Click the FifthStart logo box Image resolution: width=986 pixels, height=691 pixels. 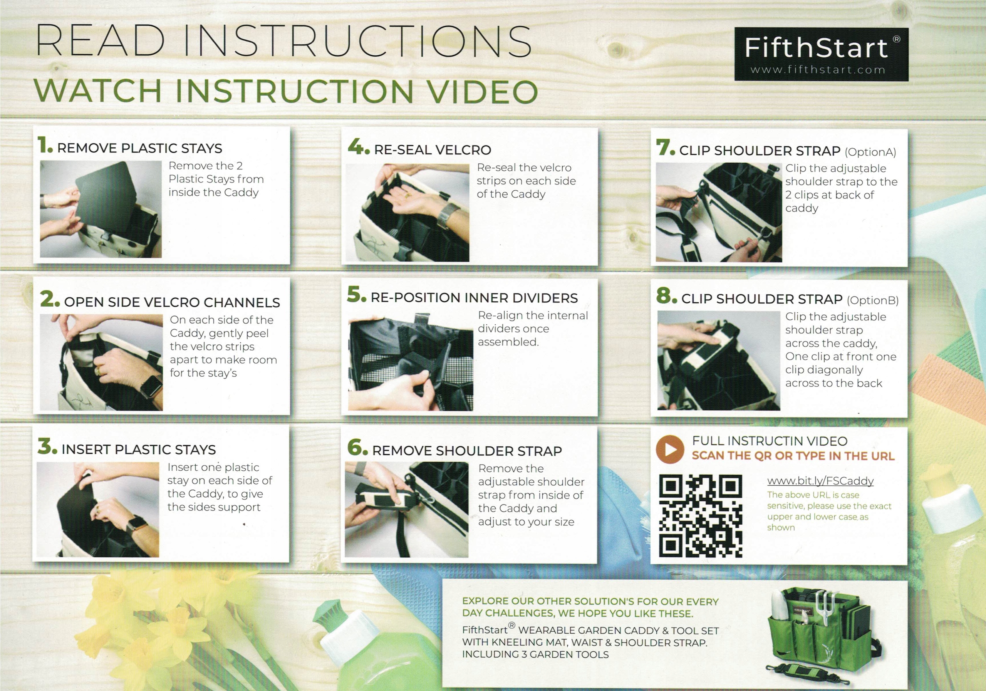[821, 54]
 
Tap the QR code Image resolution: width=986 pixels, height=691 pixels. [701, 515]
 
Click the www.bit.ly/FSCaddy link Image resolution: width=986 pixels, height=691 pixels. [820, 481]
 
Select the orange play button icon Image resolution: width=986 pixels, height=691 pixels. [669, 449]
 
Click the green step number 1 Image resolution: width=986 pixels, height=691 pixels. [45, 145]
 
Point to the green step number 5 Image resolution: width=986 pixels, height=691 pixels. [356, 295]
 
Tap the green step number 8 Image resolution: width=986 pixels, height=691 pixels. [666, 296]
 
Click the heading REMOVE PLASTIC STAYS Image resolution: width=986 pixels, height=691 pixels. [139, 148]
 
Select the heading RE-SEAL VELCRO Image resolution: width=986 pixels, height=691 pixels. [433, 150]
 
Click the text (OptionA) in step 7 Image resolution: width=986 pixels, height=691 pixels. [870, 152]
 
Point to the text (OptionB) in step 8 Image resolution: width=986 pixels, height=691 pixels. [873, 300]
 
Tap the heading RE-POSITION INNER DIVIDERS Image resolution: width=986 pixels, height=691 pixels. [474, 298]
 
